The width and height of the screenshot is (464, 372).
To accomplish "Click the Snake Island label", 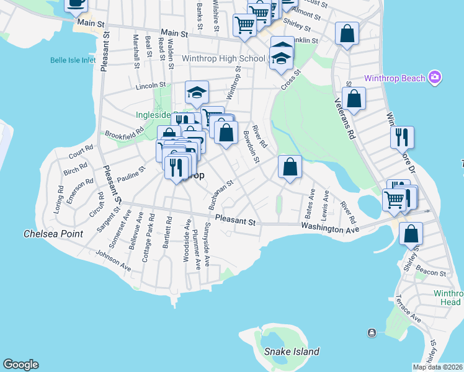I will (x=292, y=352).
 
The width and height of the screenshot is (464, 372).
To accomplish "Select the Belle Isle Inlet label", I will (x=73, y=60).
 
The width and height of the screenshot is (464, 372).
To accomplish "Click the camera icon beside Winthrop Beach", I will (x=435, y=77).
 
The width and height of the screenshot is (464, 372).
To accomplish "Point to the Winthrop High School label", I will (x=223, y=58).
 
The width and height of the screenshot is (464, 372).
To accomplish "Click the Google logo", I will (x=20, y=365).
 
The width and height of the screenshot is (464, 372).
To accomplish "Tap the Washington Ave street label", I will (x=331, y=229).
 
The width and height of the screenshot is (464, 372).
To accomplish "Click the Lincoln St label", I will (x=153, y=85).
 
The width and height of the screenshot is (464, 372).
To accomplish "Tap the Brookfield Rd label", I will (x=124, y=133).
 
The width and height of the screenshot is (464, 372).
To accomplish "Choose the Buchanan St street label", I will (x=220, y=194).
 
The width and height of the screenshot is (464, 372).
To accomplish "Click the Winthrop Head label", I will (x=448, y=298).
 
